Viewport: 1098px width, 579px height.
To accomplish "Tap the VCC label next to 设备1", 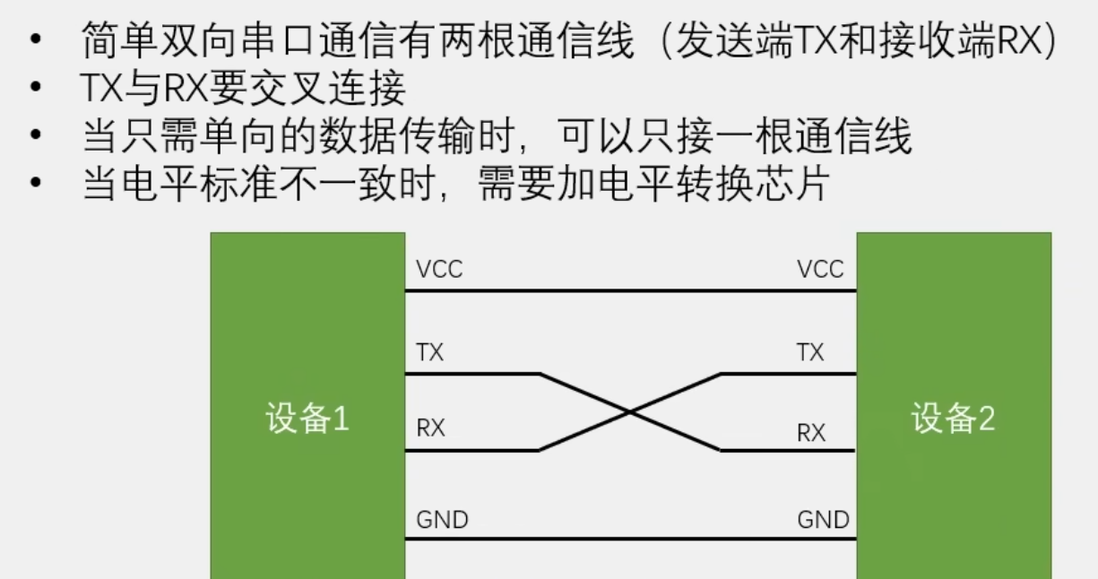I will tap(439, 269).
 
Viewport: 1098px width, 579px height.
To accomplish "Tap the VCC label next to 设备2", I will tap(820, 269).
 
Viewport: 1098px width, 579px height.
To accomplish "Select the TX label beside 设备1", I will tap(430, 352).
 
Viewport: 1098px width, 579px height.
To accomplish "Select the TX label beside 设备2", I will tap(810, 352).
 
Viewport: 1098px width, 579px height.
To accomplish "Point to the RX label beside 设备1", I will tap(431, 428).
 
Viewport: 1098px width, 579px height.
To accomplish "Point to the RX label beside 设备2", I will tap(811, 433).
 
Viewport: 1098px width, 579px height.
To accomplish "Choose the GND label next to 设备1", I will tap(442, 519).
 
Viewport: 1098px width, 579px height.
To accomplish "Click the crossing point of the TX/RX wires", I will tap(631, 412).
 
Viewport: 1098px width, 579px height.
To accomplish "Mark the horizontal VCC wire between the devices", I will tap(630, 290).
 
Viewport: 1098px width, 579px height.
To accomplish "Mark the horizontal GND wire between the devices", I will tap(630, 540).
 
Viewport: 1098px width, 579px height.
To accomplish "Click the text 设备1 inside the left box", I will tap(307, 419).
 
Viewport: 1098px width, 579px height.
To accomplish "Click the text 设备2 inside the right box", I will tap(953, 419).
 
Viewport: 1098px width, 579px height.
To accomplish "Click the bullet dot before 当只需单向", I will tap(35, 137).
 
